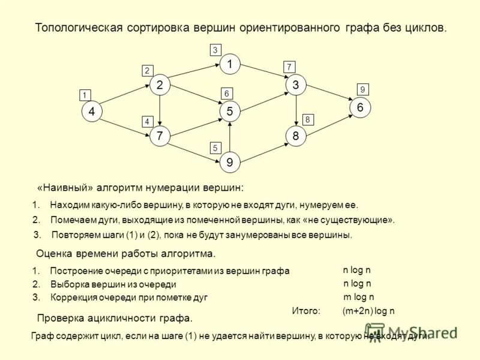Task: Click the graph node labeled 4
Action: (x=91, y=112)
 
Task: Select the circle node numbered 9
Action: (x=229, y=162)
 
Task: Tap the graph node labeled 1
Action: (x=229, y=63)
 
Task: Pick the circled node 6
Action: (x=360, y=107)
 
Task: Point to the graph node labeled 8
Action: (x=296, y=136)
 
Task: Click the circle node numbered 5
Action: (x=229, y=112)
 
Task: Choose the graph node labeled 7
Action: (x=160, y=136)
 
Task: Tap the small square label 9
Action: (x=362, y=89)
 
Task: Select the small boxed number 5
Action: (x=215, y=148)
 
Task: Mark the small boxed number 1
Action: (x=85, y=95)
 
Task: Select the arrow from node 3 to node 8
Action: (x=296, y=111)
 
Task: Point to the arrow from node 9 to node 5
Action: (x=229, y=137)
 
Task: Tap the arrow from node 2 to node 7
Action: (x=160, y=111)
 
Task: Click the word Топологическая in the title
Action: (x=79, y=28)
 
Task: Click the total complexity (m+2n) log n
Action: (x=368, y=311)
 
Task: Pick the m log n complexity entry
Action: (x=358, y=296)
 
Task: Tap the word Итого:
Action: (x=306, y=311)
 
